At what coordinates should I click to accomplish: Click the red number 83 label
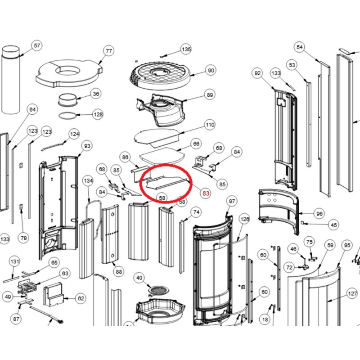pos(206,193)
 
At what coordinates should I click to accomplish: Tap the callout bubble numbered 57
pos(37,45)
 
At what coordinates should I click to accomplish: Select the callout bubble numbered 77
pos(109,51)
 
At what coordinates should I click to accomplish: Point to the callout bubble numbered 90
pos(211,71)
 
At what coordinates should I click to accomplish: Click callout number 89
pos(210,95)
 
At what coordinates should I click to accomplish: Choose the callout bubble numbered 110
pos(210,125)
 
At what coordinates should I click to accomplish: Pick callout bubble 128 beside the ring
pos(98,114)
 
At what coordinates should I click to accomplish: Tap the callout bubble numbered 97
pos(232,201)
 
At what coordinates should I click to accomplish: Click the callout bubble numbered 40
pos(139,278)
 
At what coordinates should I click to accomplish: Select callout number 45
pos(334,225)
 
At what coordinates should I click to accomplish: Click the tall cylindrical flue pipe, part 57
pos(10,80)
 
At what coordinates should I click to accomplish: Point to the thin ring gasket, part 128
pos(67,116)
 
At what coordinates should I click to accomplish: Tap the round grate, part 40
pos(158,291)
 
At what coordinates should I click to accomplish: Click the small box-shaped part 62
pos(53,295)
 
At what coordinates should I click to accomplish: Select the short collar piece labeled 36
pos(67,100)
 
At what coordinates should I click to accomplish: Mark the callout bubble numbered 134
pos(88,181)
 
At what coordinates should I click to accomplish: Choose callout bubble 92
pos(257,73)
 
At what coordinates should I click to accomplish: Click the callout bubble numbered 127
pos(352,294)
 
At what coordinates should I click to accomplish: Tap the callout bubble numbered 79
pos(24,238)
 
